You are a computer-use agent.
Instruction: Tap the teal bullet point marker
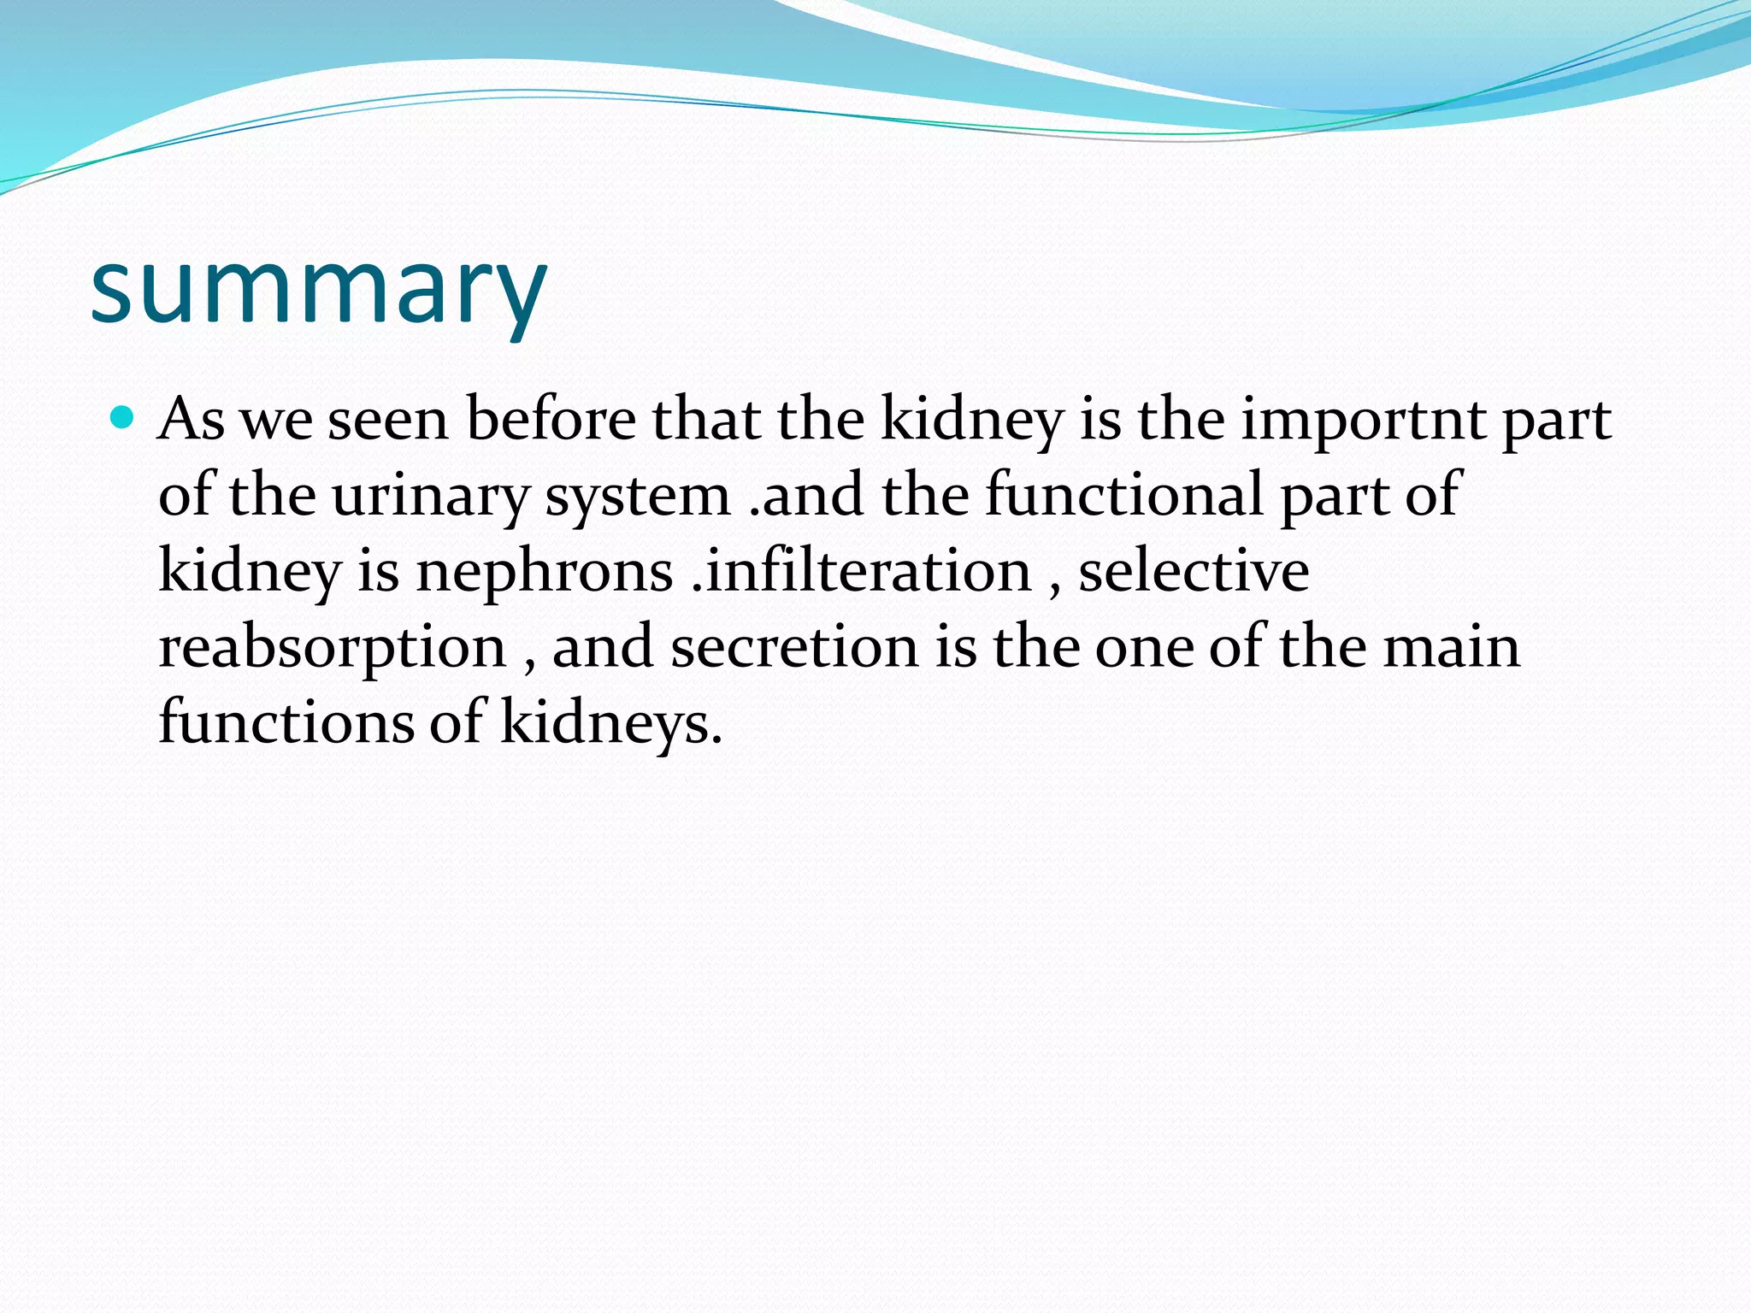point(123,418)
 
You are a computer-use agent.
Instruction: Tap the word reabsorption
point(333,649)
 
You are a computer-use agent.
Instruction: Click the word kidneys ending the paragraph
point(610,724)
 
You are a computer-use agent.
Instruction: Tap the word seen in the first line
point(388,421)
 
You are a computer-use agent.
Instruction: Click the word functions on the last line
point(286,722)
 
